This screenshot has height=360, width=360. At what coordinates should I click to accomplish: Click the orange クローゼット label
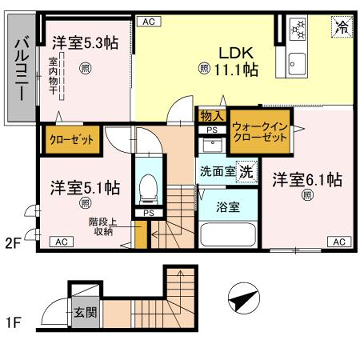[69, 139]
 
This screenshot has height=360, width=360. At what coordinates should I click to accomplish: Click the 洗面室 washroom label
[217, 171]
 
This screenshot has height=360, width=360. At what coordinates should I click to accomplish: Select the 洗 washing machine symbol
[245, 171]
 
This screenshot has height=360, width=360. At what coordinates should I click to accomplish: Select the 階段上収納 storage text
[103, 228]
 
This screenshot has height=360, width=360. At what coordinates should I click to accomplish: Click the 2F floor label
[12, 242]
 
